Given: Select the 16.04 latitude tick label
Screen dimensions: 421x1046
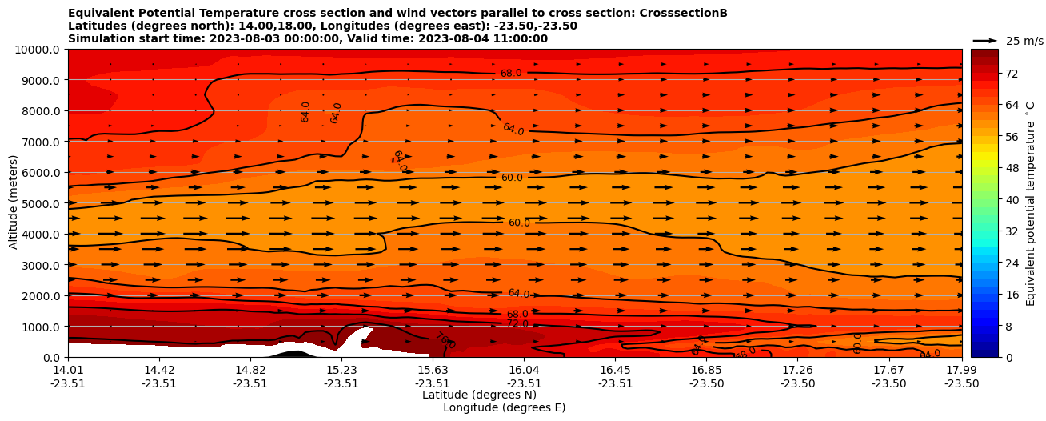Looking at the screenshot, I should (524, 370).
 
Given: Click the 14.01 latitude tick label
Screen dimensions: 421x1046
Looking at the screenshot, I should (68, 370).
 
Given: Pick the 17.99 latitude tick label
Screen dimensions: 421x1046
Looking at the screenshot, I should (961, 370).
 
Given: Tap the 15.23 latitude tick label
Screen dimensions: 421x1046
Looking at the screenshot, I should (341, 370).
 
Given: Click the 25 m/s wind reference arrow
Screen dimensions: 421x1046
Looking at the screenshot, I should (985, 40).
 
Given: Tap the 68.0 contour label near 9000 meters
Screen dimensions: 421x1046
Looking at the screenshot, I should (511, 74).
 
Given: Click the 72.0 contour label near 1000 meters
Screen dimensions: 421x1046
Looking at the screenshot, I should (517, 324).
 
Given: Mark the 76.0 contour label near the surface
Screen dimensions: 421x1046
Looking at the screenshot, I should (445, 341).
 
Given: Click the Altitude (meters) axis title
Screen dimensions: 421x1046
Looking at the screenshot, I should (14, 203).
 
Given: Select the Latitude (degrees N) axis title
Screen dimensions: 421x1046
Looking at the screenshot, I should (479, 395).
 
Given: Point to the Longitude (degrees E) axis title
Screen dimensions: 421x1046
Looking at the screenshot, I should (504, 407).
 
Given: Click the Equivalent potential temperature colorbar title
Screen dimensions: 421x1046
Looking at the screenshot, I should (1031, 203).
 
